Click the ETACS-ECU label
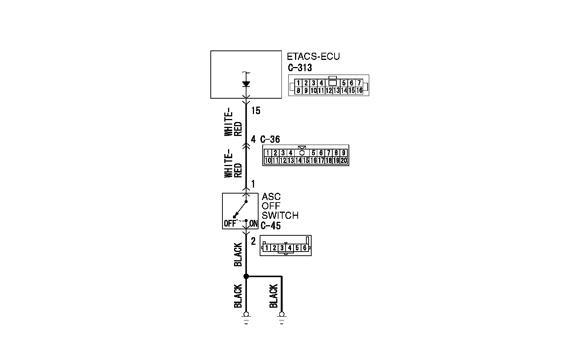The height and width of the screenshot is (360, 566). coord(313,56)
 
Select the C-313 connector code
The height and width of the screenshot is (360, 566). coord(300,68)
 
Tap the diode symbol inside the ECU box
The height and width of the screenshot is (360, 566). coord(246,84)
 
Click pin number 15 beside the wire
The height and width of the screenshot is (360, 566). coord(256,111)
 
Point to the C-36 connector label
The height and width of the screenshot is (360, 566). coord(270,140)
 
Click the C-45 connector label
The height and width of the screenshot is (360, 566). coord(271,226)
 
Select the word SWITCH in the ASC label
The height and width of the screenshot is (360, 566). coord(280,216)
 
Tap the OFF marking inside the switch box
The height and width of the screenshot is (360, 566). coord(230,224)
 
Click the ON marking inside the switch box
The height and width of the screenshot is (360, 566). coord(254,224)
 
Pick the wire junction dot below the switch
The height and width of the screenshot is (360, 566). coord(246,276)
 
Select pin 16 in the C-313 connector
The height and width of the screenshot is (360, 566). coord(359,90)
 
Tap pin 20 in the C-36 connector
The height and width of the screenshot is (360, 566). coord(344,160)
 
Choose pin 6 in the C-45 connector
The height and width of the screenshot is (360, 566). coord(305,248)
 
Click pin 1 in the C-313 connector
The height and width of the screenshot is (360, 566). coord(298,83)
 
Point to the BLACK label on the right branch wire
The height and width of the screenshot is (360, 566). coord(274,296)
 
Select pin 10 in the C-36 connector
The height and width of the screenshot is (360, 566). coord(268,160)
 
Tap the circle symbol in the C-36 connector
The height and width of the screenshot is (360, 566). coord(301,153)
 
